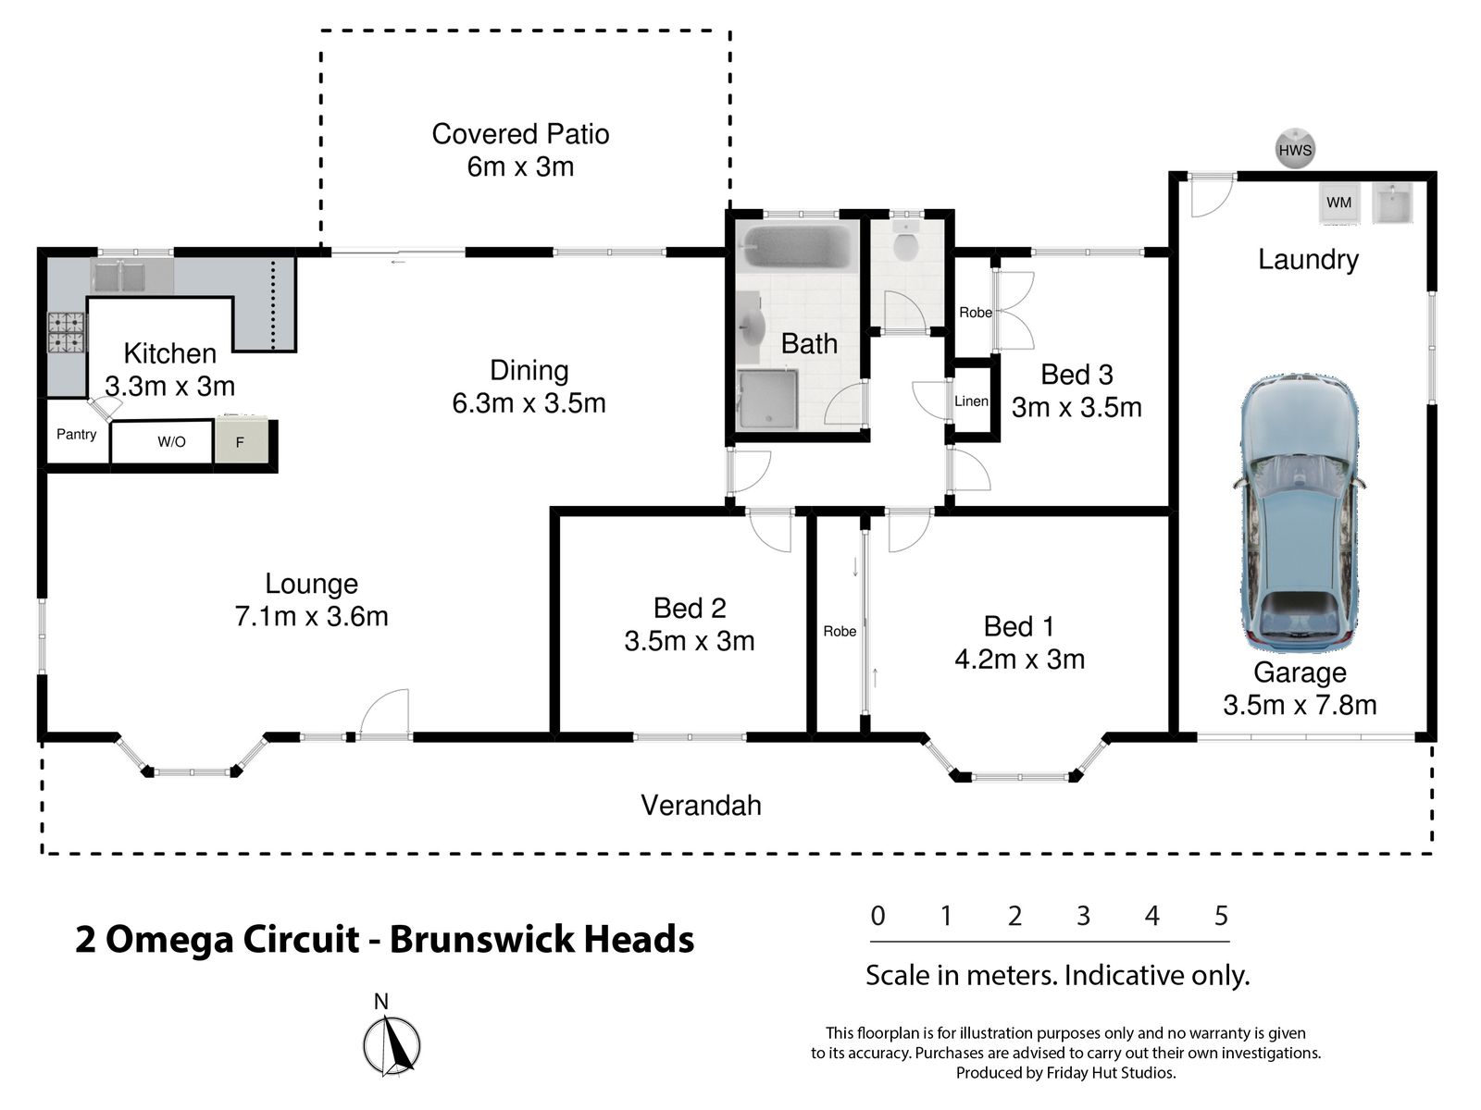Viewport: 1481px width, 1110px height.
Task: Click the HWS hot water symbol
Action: [x=1294, y=149]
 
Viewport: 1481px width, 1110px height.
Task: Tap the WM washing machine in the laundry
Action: [x=1338, y=203]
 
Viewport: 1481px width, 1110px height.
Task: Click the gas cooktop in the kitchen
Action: [x=66, y=333]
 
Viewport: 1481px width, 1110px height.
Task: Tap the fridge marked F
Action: [x=241, y=441]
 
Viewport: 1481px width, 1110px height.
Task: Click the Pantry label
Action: [x=76, y=435]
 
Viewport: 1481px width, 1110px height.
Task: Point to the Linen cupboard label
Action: [x=971, y=401]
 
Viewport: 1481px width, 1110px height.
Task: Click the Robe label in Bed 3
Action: [x=976, y=313]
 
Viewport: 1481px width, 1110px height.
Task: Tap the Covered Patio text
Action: [x=520, y=134]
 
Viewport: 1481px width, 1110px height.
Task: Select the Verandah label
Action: [x=701, y=806]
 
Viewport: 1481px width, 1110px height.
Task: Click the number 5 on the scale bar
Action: [x=1221, y=915]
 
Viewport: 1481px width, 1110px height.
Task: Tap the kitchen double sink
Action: [x=119, y=277]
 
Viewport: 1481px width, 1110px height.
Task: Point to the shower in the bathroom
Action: [x=768, y=399]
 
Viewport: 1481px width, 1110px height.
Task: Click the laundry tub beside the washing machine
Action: [x=1392, y=203]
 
